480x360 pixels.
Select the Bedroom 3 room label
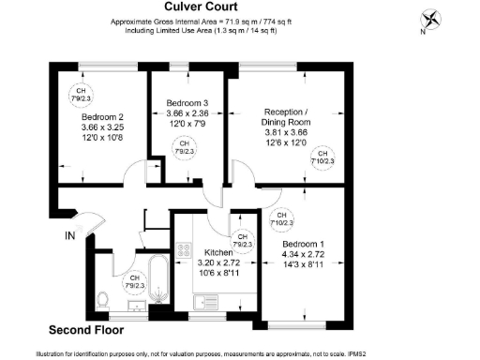pos(188,101)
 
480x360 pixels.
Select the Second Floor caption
pos(85,330)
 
